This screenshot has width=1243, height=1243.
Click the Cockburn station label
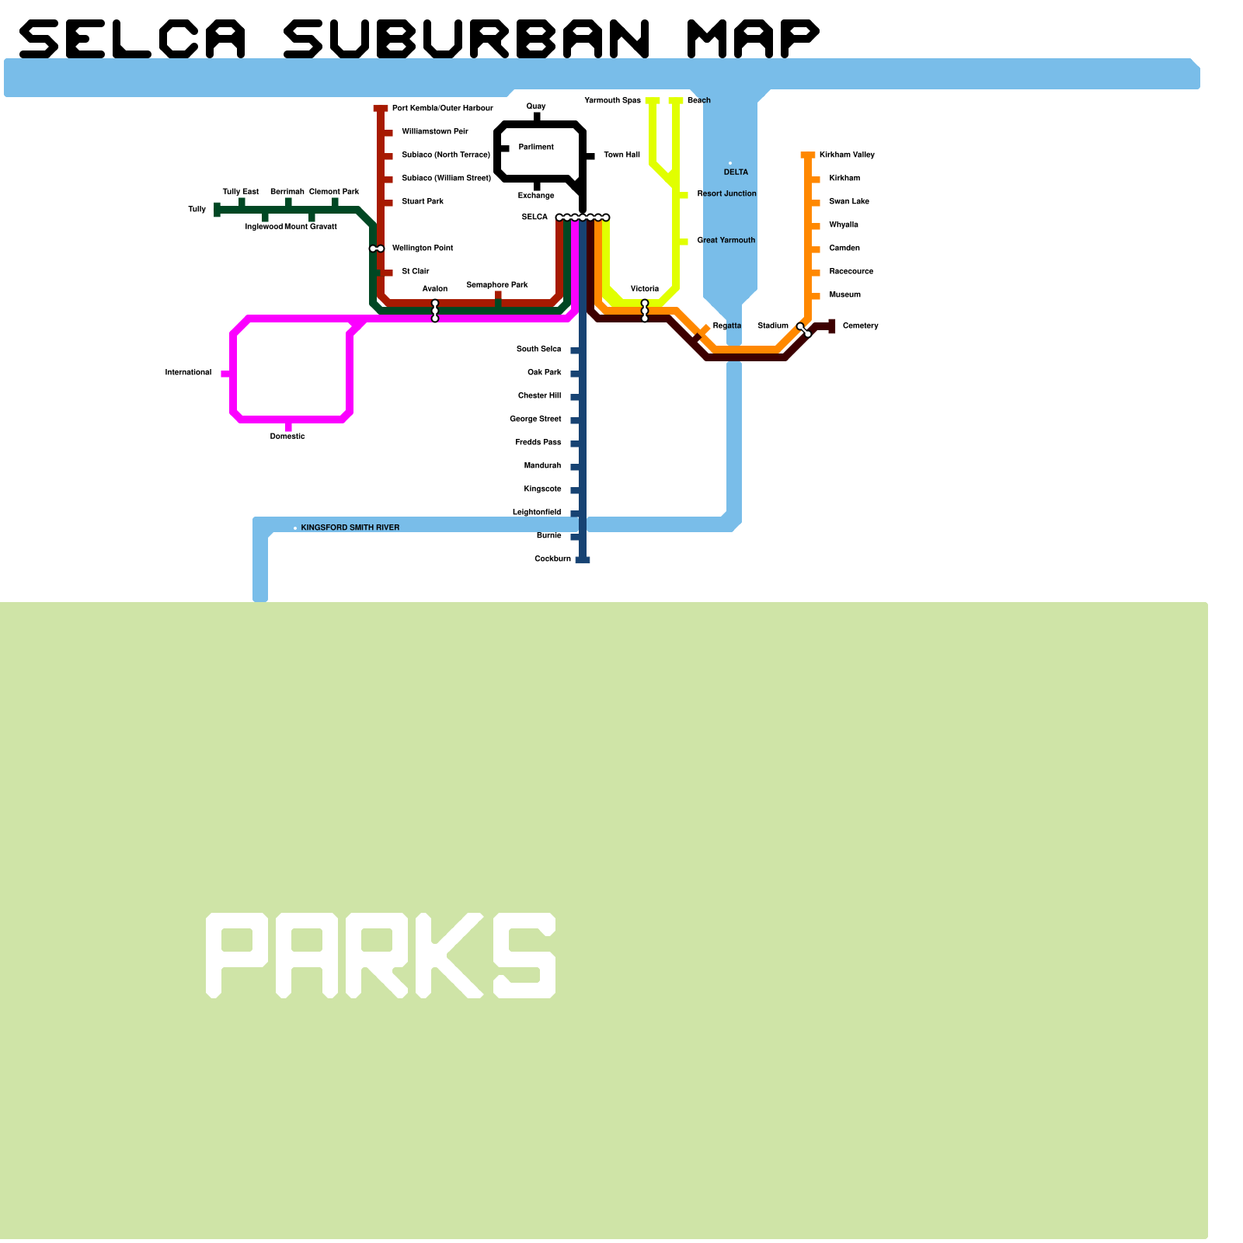[552, 559]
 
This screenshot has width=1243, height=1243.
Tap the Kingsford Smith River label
[350, 527]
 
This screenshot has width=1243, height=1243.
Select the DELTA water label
[736, 172]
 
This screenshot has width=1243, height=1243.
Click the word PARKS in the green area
[381, 955]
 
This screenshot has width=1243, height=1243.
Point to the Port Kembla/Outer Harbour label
[442, 108]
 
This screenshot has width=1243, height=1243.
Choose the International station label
[188, 373]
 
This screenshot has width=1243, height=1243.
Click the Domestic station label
[287, 437]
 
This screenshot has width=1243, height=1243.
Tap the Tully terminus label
[197, 209]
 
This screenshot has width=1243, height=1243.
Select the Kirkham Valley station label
[847, 155]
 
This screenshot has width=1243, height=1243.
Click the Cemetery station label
[860, 326]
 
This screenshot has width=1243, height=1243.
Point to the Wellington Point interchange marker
[377, 249]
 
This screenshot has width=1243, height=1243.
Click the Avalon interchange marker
[435, 311]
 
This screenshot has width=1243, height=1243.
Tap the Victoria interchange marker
[645, 311]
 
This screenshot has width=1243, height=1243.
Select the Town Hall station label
[621, 155]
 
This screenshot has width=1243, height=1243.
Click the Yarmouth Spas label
[612, 100]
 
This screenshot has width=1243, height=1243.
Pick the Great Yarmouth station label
[726, 240]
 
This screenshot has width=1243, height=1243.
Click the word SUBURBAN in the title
[467, 39]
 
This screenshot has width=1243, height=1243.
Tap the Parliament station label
[536, 147]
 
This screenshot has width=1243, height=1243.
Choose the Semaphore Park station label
[496, 284]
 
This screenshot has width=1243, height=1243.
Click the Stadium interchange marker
[804, 330]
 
